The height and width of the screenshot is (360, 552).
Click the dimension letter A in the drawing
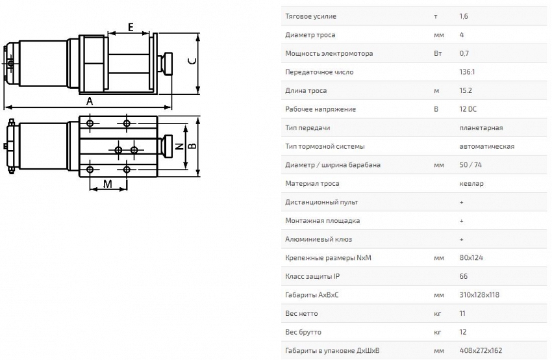[90, 101]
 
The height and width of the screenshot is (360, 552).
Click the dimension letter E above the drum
[131, 27]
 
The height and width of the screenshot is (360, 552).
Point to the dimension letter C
[192, 60]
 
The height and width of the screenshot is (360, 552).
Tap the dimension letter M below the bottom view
[107, 184]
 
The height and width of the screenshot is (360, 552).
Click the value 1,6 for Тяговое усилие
[464, 16]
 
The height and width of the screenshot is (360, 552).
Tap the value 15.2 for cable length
[465, 90]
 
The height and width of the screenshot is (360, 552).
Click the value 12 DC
[468, 109]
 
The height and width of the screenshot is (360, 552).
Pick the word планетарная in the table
[481, 128]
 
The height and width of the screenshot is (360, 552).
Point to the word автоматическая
[486, 146]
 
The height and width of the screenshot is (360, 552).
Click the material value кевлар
[471, 183]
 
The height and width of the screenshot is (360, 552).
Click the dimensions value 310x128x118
[479, 295]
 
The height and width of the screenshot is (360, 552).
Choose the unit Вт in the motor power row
[438, 53]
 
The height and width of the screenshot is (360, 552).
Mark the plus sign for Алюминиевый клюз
[461, 239]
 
